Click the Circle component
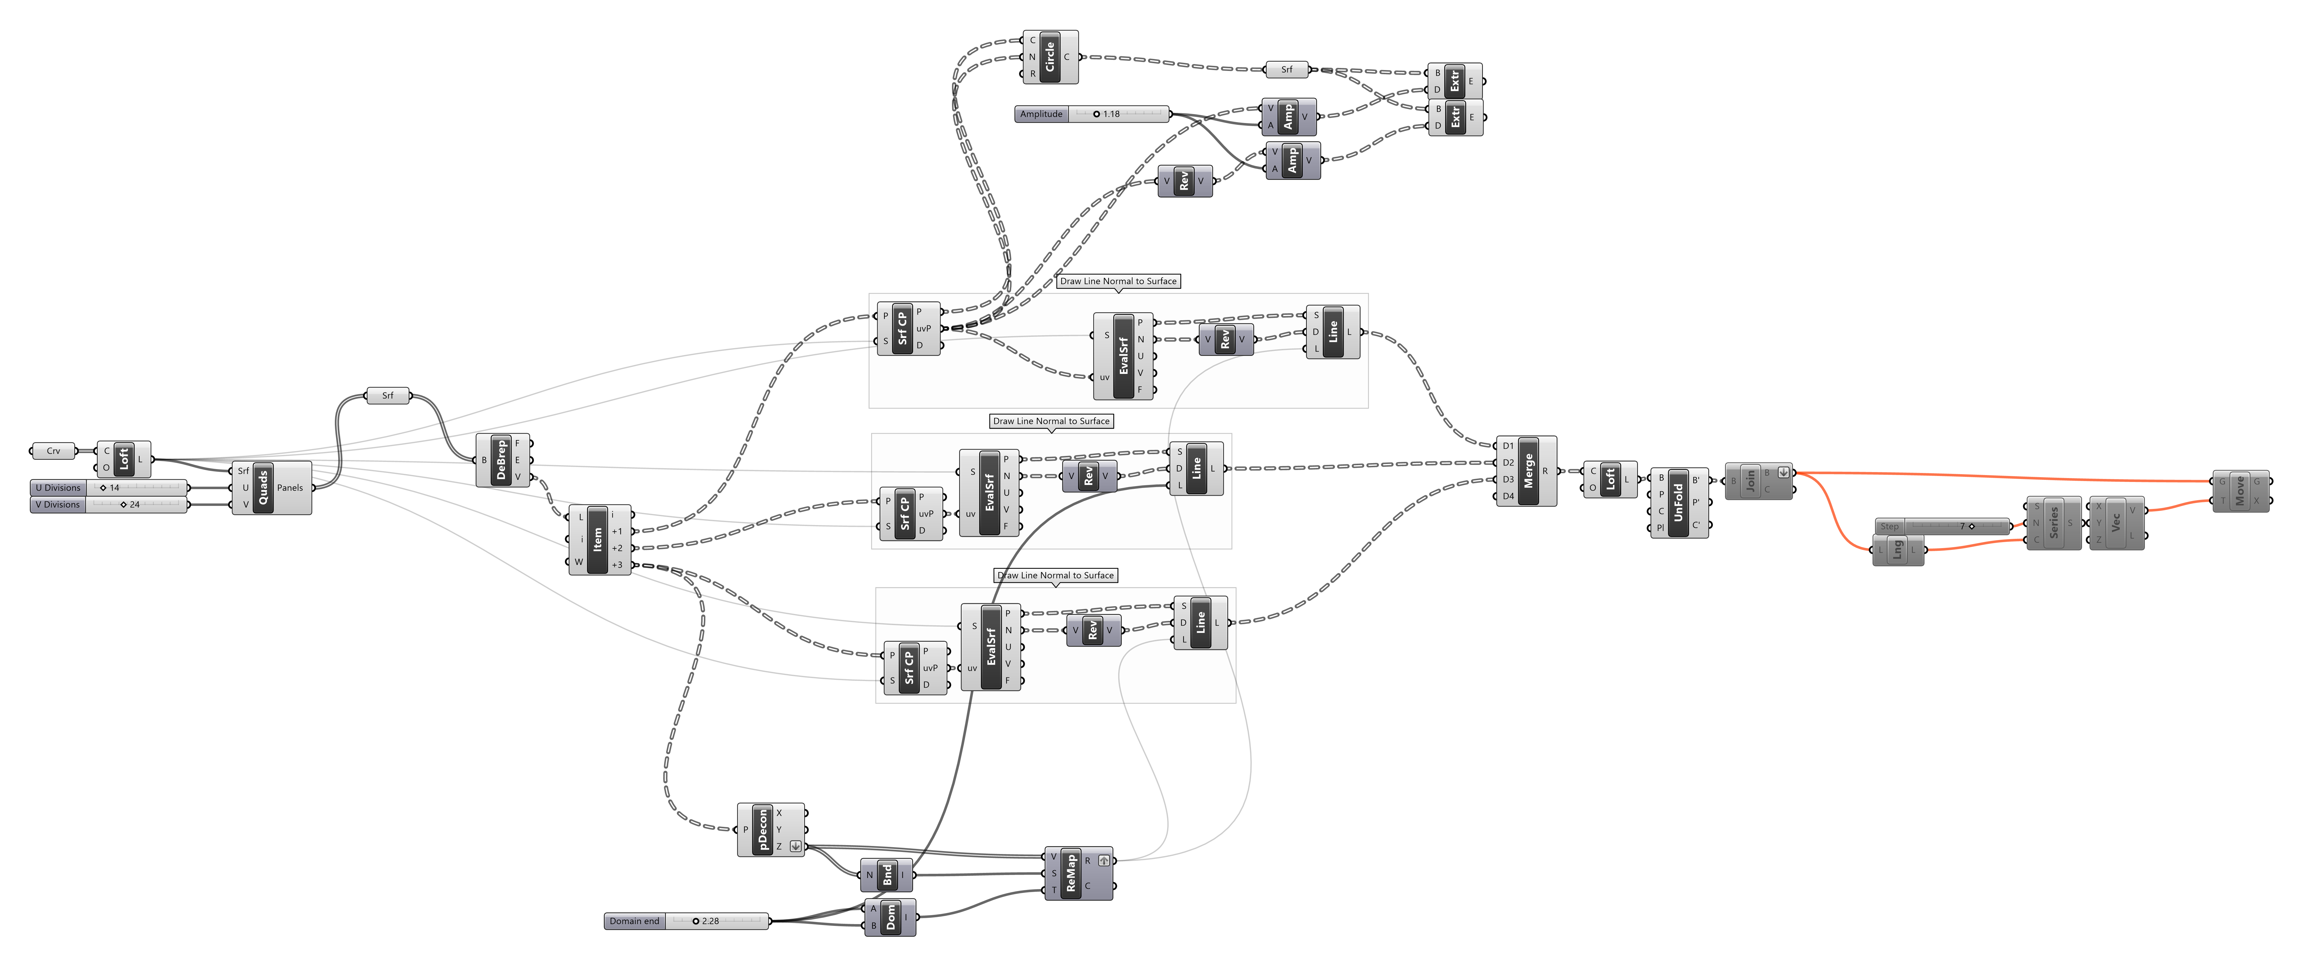(x=1050, y=57)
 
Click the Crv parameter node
(x=54, y=451)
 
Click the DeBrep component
(x=502, y=460)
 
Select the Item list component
(x=598, y=539)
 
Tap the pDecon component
(x=763, y=829)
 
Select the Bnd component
(x=887, y=875)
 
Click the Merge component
(x=1528, y=471)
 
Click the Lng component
(x=1897, y=550)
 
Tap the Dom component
(x=891, y=917)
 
